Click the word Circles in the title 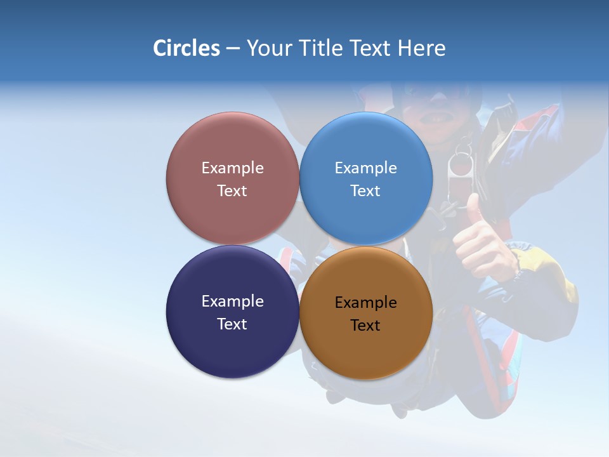(x=186, y=48)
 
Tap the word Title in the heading (x=322, y=48)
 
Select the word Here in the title (x=421, y=48)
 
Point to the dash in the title (x=233, y=49)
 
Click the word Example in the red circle (x=232, y=168)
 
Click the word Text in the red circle (x=232, y=190)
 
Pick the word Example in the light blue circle (x=365, y=168)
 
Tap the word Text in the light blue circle (x=365, y=190)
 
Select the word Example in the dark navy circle (x=232, y=301)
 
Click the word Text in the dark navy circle (x=232, y=324)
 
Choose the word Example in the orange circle (x=365, y=302)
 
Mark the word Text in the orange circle (x=365, y=325)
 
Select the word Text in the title (x=372, y=48)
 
